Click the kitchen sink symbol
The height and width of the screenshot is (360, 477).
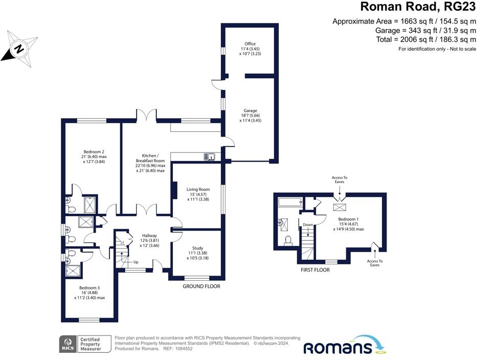coord(210,156)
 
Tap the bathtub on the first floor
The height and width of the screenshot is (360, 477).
coord(290,202)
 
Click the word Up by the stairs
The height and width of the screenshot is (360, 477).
coord(135,263)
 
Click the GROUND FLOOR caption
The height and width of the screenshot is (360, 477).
coord(201,286)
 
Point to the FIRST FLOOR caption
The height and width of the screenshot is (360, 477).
coord(314,269)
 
